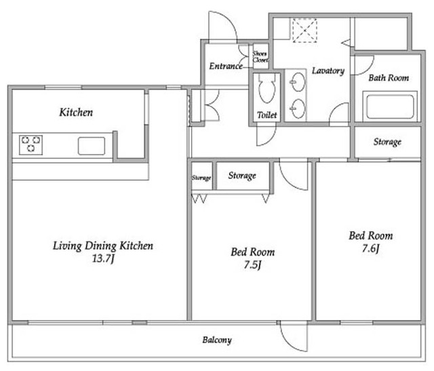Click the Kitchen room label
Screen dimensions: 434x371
[x=76, y=113]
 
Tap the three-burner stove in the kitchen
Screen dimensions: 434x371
[x=31, y=144]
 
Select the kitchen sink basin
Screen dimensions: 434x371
[x=92, y=146]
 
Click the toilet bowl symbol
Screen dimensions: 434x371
[x=267, y=88]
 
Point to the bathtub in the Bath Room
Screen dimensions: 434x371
[x=390, y=106]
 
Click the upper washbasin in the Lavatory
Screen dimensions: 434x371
[x=298, y=82]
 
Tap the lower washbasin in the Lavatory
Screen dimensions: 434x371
[x=298, y=109]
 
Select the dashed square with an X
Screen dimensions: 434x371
[x=304, y=31]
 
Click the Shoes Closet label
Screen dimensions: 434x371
[x=260, y=57]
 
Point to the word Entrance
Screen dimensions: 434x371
[x=226, y=66]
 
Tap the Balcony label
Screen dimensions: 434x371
[x=217, y=340]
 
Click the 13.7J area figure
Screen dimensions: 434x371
[x=103, y=258]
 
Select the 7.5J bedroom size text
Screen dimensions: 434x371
[x=252, y=265]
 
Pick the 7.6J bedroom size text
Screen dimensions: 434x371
[x=370, y=249]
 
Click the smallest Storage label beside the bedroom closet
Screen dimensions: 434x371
[x=201, y=178]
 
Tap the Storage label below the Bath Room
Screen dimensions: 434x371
[x=387, y=142]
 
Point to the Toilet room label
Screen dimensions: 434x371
[x=267, y=115]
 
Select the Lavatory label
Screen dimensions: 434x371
[x=328, y=71]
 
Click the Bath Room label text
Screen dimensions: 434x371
[x=389, y=78]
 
